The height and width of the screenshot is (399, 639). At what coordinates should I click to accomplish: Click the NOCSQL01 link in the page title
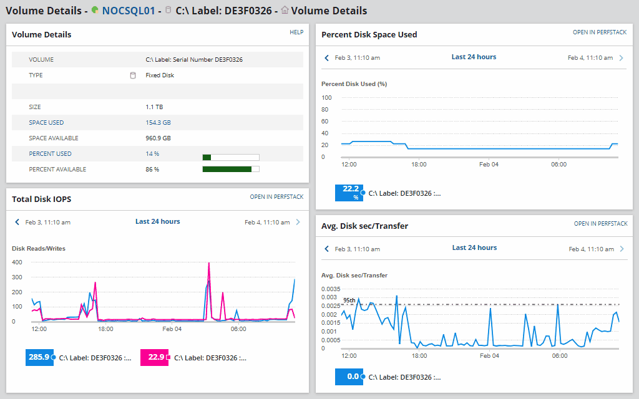pyautogui.click(x=128, y=11)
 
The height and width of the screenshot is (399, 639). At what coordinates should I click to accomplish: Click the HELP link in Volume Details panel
pyautogui.click(x=296, y=32)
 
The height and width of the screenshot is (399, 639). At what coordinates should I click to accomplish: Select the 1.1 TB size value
pyautogui.click(x=154, y=107)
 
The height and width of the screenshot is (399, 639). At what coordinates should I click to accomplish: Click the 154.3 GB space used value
pyautogui.click(x=158, y=123)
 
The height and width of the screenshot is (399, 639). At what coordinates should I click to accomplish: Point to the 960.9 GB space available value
pyautogui.click(x=158, y=138)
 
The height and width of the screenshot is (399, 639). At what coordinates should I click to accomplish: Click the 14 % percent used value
pyautogui.click(x=152, y=154)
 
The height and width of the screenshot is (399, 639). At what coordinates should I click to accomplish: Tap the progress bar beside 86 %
pyautogui.click(x=230, y=169)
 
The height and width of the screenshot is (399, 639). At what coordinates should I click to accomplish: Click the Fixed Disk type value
pyautogui.click(x=160, y=75)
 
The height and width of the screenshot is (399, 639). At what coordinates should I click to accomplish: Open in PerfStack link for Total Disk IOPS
pyautogui.click(x=276, y=197)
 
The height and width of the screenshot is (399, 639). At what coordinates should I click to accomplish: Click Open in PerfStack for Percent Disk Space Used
pyautogui.click(x=600, y=32)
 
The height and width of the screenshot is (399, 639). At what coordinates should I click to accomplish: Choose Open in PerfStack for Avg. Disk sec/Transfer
pyautogui.click(x=600, y=224)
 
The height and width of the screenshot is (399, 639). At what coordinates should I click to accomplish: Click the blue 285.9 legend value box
pyautogui.click(x=39, y=357)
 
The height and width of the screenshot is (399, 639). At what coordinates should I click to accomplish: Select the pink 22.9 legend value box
pyautogui.click(x=154, y=357)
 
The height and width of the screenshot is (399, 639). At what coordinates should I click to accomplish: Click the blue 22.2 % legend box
pyautogui.click(x=349, y=193)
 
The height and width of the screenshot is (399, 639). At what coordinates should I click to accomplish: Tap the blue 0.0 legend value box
pyautogui.click(x=349, y=377)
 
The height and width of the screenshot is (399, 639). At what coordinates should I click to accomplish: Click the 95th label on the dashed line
pyautogui.click(x=349, y=300)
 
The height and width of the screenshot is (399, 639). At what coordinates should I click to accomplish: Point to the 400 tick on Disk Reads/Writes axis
pyautogui.click(x=17, y=262)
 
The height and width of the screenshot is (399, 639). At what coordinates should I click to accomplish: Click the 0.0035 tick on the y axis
pyautogui.click(x=331, y=289)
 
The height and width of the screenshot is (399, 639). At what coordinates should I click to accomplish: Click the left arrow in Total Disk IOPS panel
pyautogui.click(x=17, y=222)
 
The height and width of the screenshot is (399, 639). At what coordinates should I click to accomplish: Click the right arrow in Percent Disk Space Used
pyautogui.click(x=621, y=57)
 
